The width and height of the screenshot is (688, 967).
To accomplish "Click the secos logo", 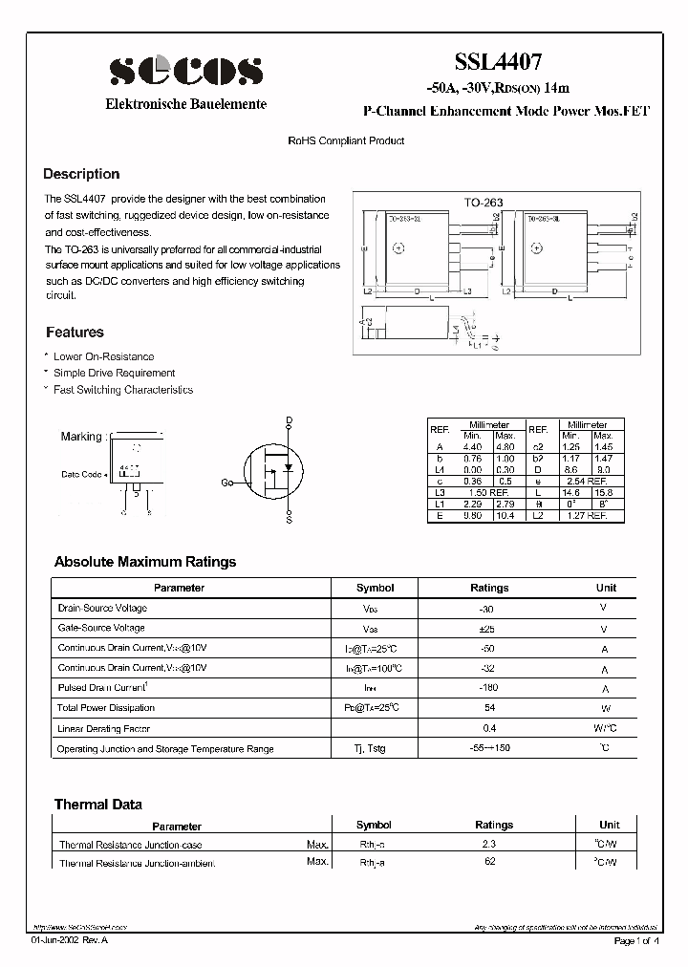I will tap(185, 70).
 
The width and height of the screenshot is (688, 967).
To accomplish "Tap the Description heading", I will tap(81, 174).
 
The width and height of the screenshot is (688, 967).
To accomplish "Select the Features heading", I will tap(75, 333).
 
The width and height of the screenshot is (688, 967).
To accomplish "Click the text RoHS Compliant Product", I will tap(346, 140).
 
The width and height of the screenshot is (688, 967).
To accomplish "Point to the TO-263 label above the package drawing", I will tap(484, 204).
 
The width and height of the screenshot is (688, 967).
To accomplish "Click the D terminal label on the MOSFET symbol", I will tap(290, 420).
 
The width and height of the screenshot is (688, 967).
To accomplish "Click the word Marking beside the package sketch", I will tap(81, 437).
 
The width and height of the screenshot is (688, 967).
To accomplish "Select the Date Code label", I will tap(82, 474).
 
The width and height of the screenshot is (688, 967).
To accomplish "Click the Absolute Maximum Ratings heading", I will tap(145, 562).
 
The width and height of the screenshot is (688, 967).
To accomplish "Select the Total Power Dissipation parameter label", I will tap(106, 708).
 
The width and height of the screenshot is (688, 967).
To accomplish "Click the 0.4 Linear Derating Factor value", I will tap(489, 728).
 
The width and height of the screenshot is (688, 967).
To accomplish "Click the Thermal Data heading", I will tap(97, 805).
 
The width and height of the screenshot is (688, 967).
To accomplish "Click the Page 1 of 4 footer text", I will tap(635, 941).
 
